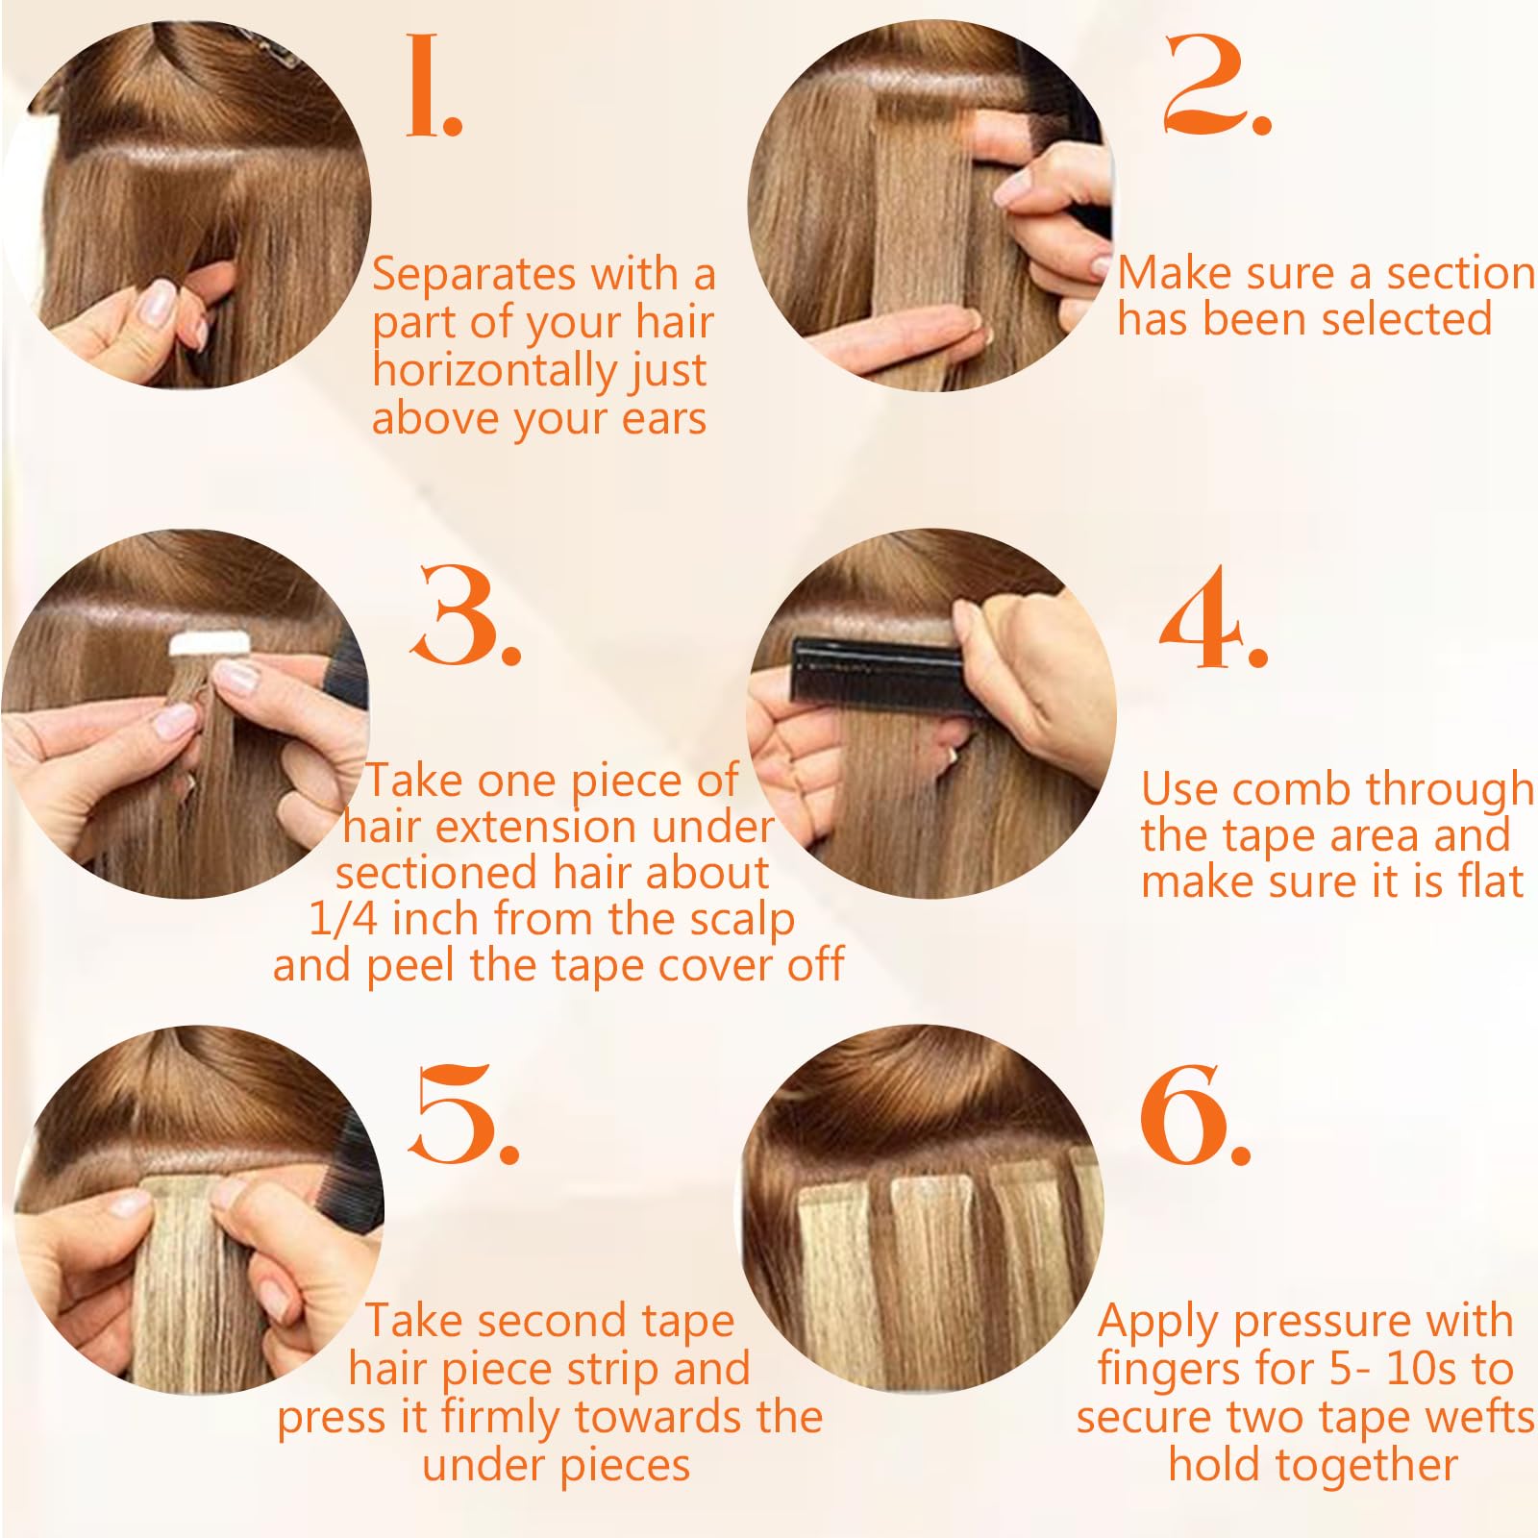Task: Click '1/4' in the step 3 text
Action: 343,919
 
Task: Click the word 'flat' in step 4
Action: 1489,881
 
